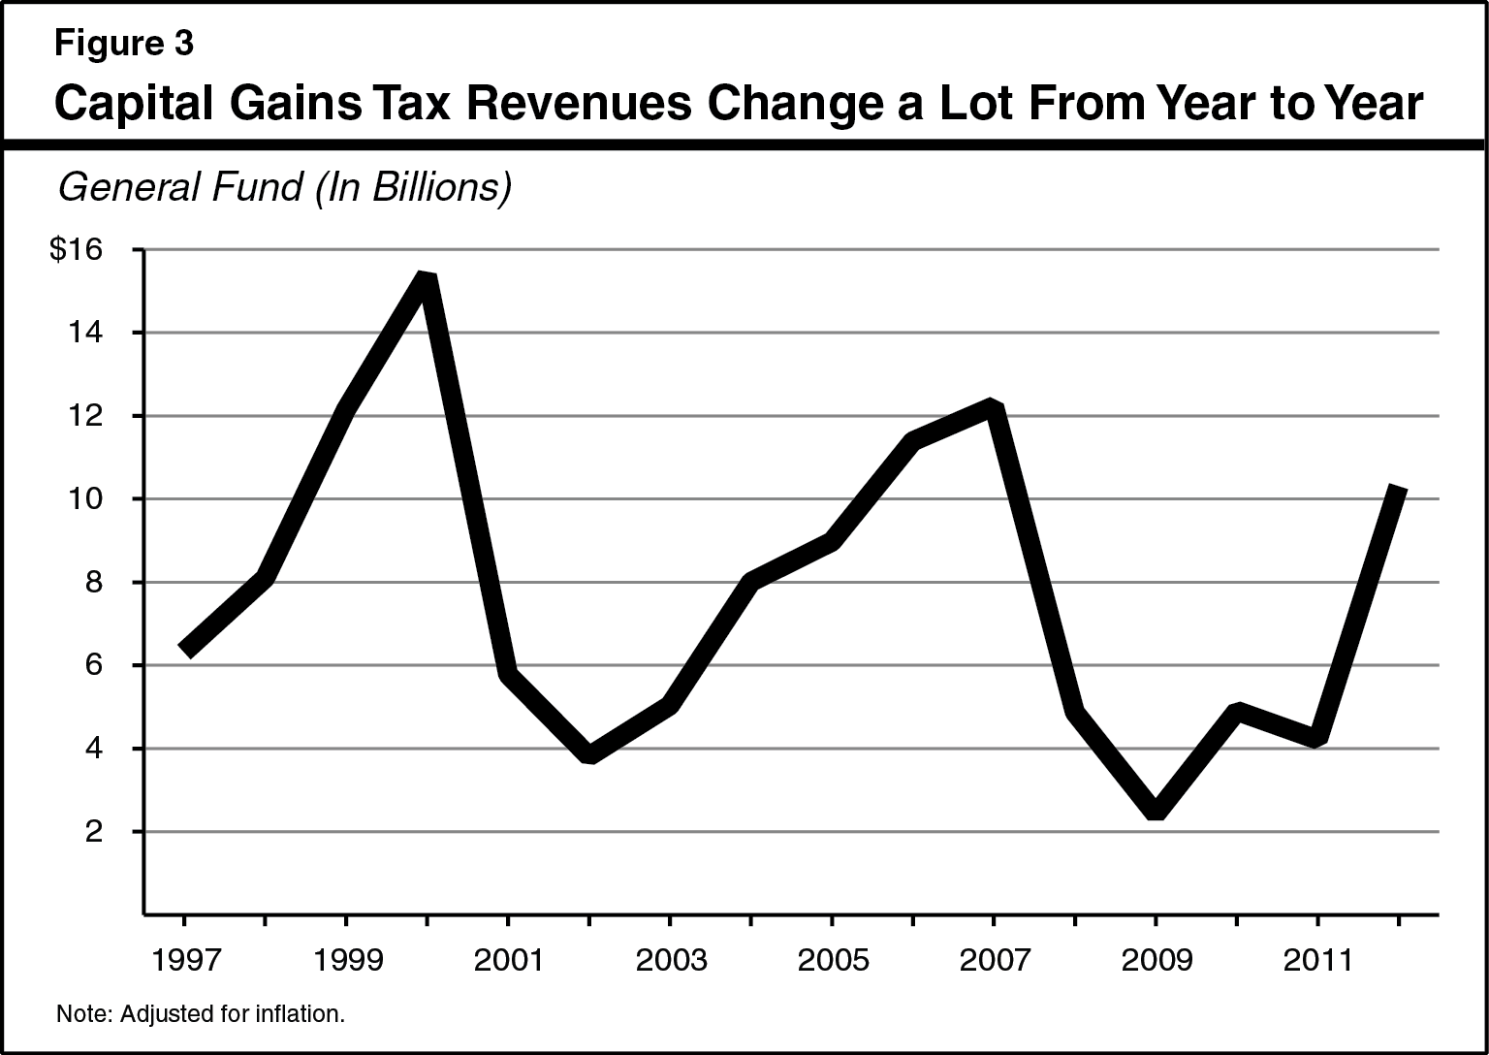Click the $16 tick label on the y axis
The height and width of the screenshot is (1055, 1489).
click(76, 250)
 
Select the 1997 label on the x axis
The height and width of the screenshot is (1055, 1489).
click(184, 960)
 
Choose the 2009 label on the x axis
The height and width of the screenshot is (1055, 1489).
click(1156, 960)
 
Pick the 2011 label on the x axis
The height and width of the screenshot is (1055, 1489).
click(1316, 960)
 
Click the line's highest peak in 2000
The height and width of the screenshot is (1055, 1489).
click(427, 278)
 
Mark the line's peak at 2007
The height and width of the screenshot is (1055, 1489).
click(992, 407)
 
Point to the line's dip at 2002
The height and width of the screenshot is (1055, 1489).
click(589, 755)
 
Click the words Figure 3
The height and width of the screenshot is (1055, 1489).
click(123, 44)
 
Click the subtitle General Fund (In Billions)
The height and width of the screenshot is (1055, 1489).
click(283, 187)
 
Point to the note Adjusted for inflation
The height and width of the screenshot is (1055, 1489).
click(201, 1015)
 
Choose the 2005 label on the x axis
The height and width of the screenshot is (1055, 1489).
click(831, 960)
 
